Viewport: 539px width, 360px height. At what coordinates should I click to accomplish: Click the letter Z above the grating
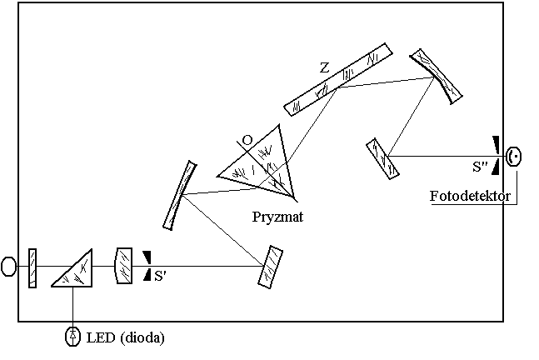[323, 67]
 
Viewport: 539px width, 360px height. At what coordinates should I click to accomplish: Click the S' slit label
[161, 274]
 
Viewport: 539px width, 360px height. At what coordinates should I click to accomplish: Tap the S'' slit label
[480, 167]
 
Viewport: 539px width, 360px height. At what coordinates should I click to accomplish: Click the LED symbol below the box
[73, 337]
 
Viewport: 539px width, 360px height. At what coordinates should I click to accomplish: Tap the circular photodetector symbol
[515, 156]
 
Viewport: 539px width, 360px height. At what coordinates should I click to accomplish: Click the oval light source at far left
[9, 267]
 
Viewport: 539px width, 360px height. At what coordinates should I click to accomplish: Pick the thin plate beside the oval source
[32, 267]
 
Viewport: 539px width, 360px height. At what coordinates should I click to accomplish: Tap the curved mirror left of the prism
[179, 195]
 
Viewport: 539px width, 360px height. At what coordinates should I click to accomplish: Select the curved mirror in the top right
[435, 76]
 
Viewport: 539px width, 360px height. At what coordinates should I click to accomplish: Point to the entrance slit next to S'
[147, 266]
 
